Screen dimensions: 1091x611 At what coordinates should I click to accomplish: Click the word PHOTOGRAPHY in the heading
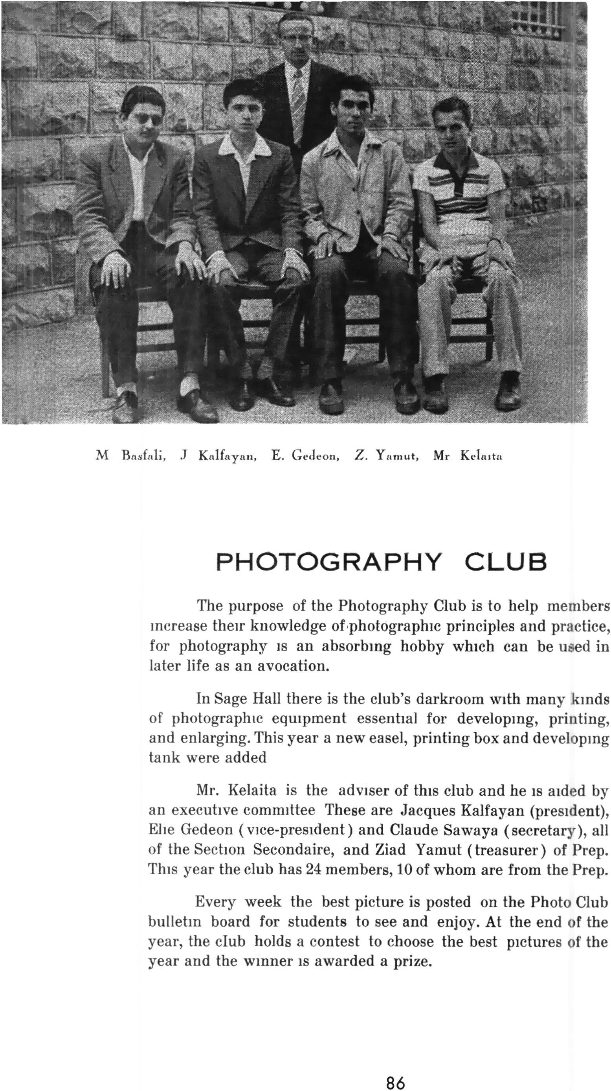[x=328, y=562]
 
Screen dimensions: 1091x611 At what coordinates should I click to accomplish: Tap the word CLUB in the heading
[x=505, y=562]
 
